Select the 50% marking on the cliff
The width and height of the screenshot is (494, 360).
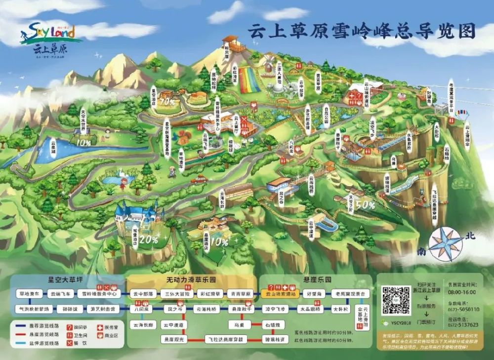365,204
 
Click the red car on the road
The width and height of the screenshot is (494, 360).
199,180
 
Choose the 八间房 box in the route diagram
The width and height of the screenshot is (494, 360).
141,309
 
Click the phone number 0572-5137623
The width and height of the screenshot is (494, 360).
461,324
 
